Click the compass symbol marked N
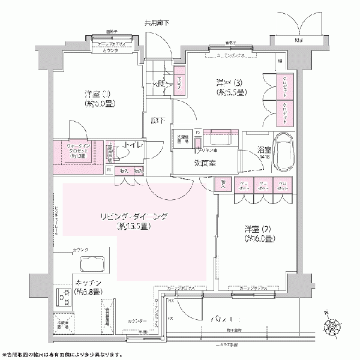coord(331,326)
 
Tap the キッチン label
coord(88,283)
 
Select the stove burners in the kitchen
coord(62,296)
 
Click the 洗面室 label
coord(205,163)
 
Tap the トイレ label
coord(133,145)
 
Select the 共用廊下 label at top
coord(157,23)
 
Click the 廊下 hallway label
coord(157,120)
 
